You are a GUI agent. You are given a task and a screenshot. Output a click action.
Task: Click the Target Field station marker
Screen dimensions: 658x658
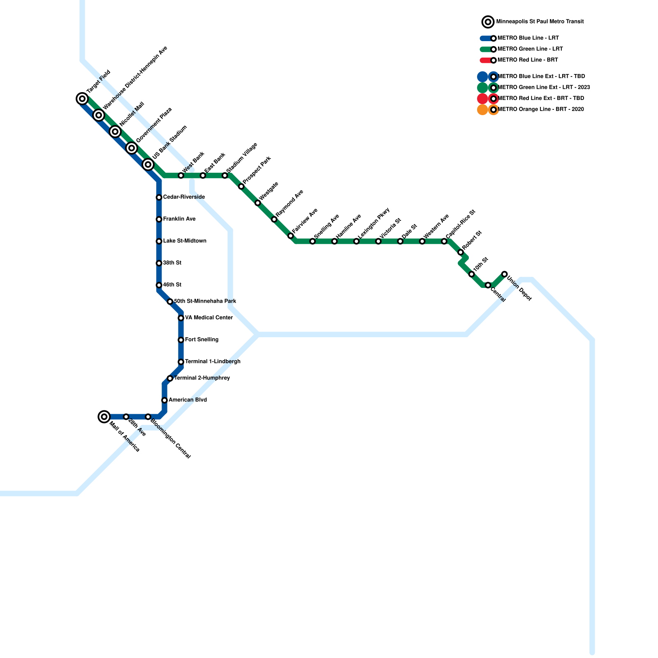point(82,99)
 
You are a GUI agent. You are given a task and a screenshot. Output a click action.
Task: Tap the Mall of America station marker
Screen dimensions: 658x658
point(104,417)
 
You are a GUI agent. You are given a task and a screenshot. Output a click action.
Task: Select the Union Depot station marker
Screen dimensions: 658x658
point(505,274)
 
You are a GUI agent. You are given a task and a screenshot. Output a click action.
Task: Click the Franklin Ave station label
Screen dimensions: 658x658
point(179,219)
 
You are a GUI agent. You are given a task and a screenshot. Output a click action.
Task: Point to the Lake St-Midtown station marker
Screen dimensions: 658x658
point(159,241)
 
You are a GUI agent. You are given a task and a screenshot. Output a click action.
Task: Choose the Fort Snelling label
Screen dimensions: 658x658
point(202,340)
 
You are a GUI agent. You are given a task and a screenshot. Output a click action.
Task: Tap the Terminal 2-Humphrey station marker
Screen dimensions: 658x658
point(170,378)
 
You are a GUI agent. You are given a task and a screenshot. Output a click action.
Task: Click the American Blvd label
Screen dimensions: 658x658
point(188,400)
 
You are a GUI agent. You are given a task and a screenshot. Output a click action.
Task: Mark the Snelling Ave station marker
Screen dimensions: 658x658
point(313,241)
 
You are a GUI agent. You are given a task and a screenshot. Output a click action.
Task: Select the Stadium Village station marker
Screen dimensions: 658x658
point(225,176)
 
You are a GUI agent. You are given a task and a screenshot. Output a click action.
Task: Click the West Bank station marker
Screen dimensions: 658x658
point(181,176)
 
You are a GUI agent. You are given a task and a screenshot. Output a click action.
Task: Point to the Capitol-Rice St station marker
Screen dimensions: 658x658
point(444,241)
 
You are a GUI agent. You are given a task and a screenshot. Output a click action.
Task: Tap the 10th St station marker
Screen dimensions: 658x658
point(472,274)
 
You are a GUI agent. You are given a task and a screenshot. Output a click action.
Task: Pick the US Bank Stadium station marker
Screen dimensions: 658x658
point(148,164)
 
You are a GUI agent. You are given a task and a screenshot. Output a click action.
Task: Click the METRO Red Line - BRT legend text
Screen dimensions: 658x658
point(528,60)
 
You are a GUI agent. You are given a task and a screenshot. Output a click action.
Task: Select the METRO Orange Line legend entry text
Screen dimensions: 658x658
point(540,109)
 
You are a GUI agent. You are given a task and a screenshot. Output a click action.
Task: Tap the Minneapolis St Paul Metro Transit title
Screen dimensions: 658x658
point(540,22)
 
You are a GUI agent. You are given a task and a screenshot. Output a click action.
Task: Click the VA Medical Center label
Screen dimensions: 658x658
point(209,318)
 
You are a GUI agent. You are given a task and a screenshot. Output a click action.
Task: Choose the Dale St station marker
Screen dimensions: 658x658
point(400,241)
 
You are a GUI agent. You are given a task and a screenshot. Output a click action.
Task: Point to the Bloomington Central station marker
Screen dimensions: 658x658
point(148,417)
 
